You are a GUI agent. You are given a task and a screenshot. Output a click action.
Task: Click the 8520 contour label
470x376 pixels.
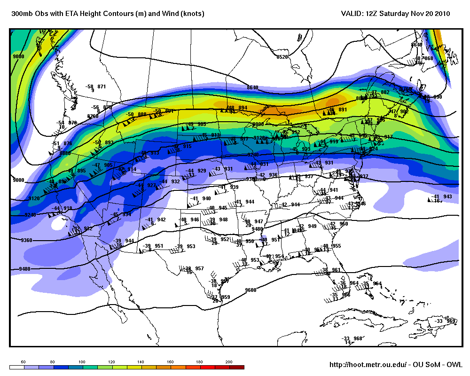tap(282, 57)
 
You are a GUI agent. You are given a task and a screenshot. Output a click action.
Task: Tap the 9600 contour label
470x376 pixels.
tap(251, 290)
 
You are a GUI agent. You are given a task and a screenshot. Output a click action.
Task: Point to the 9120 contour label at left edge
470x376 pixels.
tap(34, 199)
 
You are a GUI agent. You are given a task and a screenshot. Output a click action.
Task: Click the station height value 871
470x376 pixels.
tap(102, 86)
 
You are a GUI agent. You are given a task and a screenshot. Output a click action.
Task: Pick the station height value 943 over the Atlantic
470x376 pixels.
tap(447, 196)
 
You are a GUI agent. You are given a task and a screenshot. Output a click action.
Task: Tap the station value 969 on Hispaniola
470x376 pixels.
tap(451, 321)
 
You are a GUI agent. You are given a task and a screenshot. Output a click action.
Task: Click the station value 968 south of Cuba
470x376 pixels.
tap(358, 338)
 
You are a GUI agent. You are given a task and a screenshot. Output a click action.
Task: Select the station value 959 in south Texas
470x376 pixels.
tap(225, 297)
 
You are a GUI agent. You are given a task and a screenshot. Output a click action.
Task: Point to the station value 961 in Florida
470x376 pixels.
tap(336, 270)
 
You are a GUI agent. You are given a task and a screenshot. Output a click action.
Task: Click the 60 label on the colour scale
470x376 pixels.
tap(23, 361)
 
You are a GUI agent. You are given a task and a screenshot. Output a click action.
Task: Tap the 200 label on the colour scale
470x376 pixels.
tap(229, 361)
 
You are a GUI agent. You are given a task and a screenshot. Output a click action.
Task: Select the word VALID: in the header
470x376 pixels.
tap(352, 14)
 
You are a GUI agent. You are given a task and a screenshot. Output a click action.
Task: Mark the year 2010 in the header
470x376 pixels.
tap(442, 14)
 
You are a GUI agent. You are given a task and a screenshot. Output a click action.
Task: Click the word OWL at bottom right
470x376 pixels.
tap(454, 365)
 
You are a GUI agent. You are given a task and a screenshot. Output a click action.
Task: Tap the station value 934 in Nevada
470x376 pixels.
tap(127, 214)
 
